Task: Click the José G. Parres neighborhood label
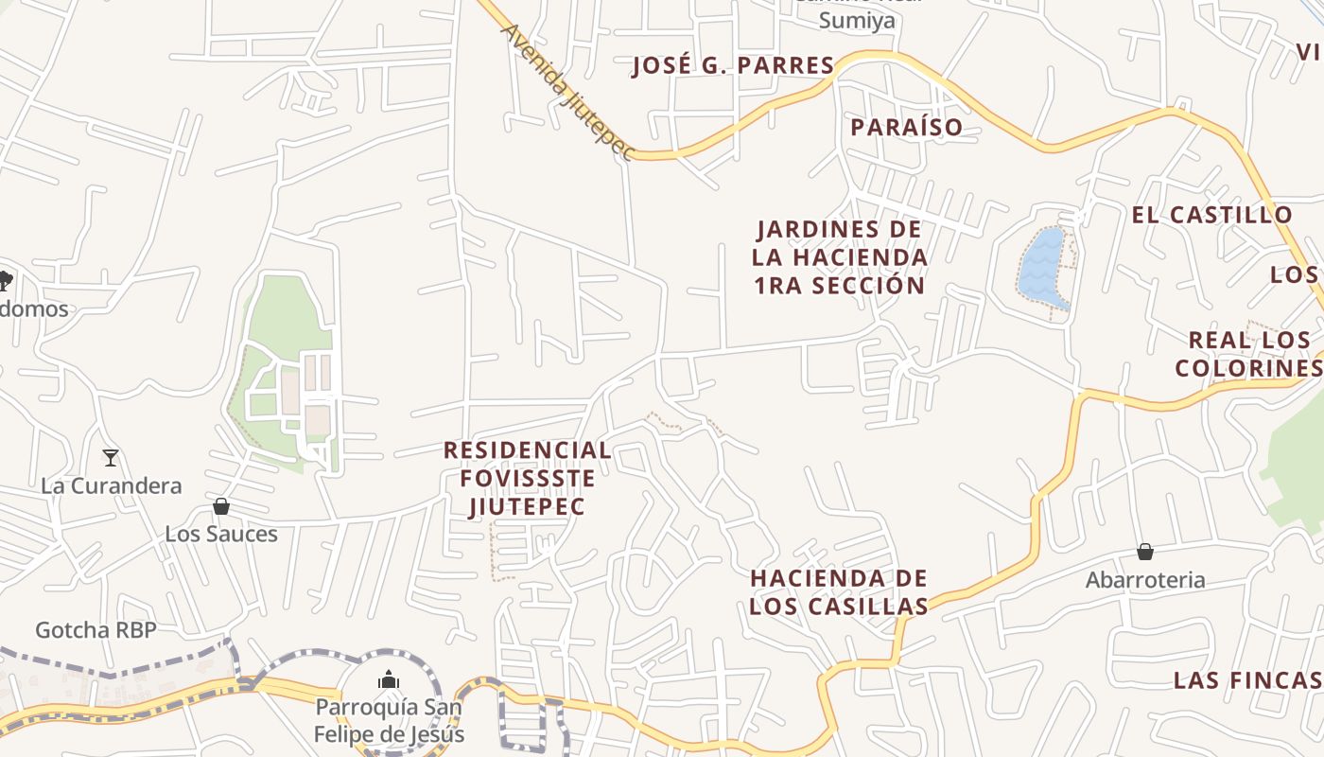click(733, 65)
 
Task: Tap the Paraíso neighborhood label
click(906, 127)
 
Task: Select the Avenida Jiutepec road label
click(565, 91)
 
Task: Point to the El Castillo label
click(1211, 215)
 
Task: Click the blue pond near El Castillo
click(1043, 267)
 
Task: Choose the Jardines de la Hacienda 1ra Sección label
click(839, 257)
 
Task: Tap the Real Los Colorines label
click(1248, 353)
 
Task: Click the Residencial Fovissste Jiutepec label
click(528, 478)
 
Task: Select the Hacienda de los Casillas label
click(838, 592)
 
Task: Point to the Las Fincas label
click(1246, 680)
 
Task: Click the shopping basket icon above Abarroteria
click(1144, 552)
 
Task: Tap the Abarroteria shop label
click(1144, 580)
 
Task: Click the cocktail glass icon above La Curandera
click(111, 458)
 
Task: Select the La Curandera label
click(111, 486)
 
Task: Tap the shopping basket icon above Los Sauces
click(221, 506)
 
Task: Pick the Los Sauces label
click(221, 534)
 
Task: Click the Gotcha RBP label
click(96, 630)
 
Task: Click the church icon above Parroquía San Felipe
click(389, 679)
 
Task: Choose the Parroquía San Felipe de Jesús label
click(389, 720)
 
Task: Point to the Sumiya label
click(857, 20)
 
